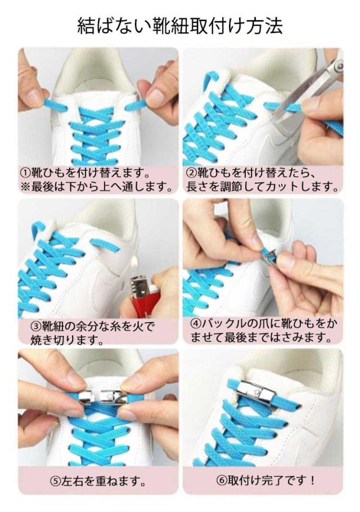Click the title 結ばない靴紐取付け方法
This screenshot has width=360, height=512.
click(x=179, y=26)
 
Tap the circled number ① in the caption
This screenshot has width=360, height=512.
click(x=26, y=172)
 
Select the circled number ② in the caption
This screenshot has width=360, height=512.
click(x=192, y=172)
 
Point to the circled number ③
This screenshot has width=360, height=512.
click(x=36, y=326)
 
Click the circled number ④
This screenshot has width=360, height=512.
click(x=196, y=323)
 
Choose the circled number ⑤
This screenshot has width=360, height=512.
click(x=55, y=481)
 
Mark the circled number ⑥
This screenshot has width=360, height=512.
click(x=222, y=480)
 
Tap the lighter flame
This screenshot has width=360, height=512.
click(x=134, y=262)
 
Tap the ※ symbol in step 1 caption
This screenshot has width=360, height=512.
click(x=25, y=187)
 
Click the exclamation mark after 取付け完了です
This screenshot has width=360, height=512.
click(x=312, y=480)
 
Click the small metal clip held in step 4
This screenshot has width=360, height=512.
click(x=268, y=255)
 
